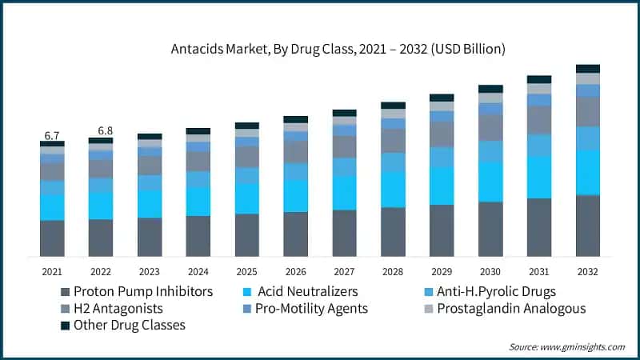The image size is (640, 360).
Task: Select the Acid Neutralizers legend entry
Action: (x=307, y=291)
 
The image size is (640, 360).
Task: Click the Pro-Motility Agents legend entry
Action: (x=311, y=308)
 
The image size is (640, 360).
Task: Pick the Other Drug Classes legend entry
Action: (x=129, y=325)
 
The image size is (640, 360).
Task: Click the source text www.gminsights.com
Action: (x=567, y=346)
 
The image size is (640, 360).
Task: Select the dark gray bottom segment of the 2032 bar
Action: (x=588, y=226)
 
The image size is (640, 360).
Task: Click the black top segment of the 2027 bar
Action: (x=344, y=113)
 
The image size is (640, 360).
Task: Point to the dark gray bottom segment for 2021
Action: (x=53, y=238)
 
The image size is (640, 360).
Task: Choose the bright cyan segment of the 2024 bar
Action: (x=198, y=202)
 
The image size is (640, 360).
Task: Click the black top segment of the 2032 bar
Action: (x=588, y=69)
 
